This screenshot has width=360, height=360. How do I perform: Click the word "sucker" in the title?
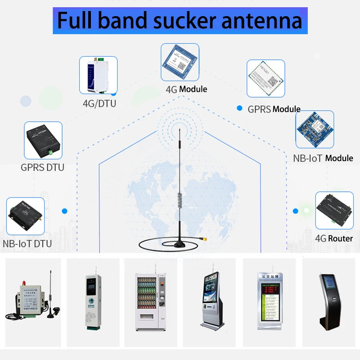(x=190, y=21)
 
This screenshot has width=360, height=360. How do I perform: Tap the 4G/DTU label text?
(x=99, y=103)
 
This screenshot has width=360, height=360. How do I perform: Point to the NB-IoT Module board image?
(x=315, y=129)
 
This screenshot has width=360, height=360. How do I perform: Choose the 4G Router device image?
(x=334, y=211)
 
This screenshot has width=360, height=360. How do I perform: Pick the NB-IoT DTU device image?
(x=26, y=216)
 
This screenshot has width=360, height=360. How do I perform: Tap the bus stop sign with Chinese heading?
(x=267, y=299)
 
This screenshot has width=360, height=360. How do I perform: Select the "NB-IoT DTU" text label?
(x=27, y=244)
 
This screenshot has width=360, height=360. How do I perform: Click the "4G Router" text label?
(x=334, y=238)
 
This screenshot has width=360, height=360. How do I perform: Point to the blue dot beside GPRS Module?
(x=239, y=108)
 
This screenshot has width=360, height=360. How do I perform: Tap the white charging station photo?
(x=92, y=299)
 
